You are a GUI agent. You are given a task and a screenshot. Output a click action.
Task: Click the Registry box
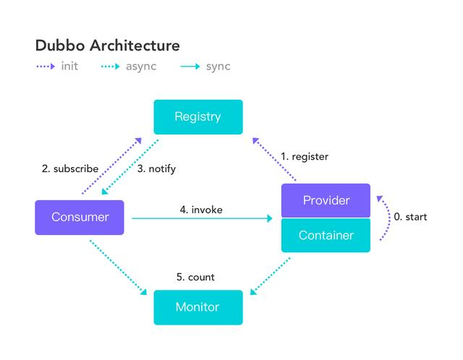pyautogui.click(x=197, y=117)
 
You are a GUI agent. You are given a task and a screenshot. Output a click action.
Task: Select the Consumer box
pyautogui.click(x=80, y=218)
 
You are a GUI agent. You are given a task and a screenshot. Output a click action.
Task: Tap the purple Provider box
pyautogui.click(x=326, y=201)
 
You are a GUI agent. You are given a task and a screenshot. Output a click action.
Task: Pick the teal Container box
pyautogui.click(x=326, y=236)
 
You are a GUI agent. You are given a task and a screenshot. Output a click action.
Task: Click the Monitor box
pyautogui.click(x=197, y=307)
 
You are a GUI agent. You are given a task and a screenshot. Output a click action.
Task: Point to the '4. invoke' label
pyautogui.click(x=201, y=210)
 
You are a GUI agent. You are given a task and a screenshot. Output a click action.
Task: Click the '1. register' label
pyautogui.click(x=305, y=156)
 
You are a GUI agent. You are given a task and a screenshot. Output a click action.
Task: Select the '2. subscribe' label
pyautogui.click(x=70, y=169)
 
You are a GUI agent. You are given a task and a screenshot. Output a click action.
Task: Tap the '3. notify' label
pyautogui.click(x=156, y=169)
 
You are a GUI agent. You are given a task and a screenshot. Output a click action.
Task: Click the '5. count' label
pyautogui.click(x=195, y=277)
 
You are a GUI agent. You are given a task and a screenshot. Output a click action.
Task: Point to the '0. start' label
pyautogui.click(x=410, y=217)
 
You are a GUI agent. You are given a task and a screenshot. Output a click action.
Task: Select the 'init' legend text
pyautogui.click(x=70, y=67)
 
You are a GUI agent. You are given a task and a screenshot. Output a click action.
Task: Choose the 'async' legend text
pyautogui.click(x=140, y=67)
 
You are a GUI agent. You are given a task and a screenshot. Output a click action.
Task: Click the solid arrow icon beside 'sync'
pyautogui.click(x=190, y=67)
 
